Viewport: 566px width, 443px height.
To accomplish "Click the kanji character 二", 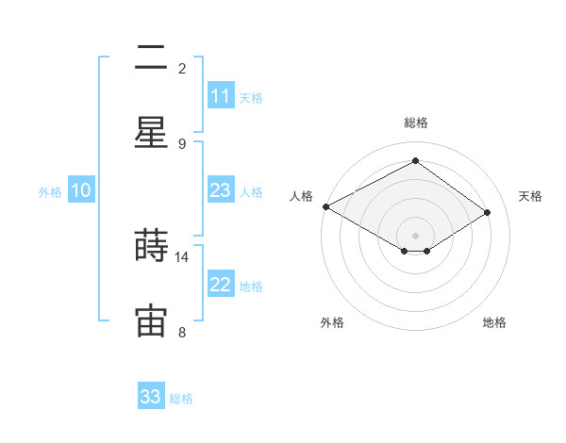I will click(151, 58).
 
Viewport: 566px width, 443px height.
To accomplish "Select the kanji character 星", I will click(151, 133).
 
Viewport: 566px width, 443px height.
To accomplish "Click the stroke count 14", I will click(182, 256).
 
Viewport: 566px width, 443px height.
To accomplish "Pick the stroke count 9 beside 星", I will click(182, 143).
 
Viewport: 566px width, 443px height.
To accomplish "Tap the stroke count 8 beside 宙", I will click(182, 332).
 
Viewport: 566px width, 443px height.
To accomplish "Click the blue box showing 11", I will click(221, 96).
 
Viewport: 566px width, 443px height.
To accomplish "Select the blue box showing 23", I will click(221, 190).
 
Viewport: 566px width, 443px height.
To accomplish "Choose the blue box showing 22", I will click(221, 285).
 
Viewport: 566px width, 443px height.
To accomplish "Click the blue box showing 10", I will click(81, 190).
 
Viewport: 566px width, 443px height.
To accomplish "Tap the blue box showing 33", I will click(151, 397).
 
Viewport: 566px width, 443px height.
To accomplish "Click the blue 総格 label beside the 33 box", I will click(181, 399).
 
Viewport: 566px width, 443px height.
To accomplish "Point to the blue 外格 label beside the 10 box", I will click(50, 192).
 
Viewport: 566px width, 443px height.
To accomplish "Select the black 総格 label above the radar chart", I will click(416, 123).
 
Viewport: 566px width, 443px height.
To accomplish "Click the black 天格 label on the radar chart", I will click(530, 196).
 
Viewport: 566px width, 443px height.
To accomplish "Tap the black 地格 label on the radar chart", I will click(494, 322).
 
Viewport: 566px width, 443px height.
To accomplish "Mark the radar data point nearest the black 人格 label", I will click(325, 206).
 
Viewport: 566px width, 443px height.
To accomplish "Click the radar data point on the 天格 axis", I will click(488, 212).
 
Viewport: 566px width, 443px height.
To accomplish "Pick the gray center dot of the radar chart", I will click(416, 235).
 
